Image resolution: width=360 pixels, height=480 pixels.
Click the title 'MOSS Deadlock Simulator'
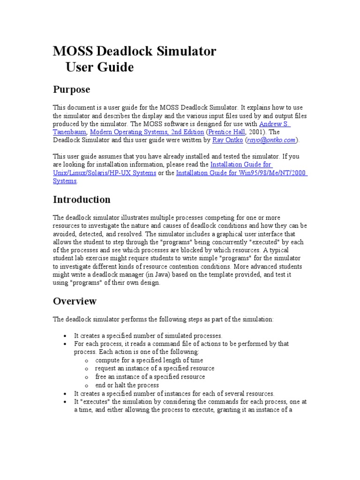click(135, 51)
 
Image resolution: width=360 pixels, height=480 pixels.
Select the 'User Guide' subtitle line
click(99, 67)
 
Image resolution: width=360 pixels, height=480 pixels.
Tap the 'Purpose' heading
click(71, 89)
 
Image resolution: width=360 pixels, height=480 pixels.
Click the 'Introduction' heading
click(82, 200)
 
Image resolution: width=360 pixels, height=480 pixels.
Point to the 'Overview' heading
click(75, 301)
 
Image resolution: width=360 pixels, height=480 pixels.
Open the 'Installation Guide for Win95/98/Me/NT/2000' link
click(241, 173)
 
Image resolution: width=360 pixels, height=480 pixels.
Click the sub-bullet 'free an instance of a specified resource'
click(150, 376)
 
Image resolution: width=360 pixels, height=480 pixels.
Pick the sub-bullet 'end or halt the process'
click(127, 385)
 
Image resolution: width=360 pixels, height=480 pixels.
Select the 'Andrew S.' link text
click(275, 124)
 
